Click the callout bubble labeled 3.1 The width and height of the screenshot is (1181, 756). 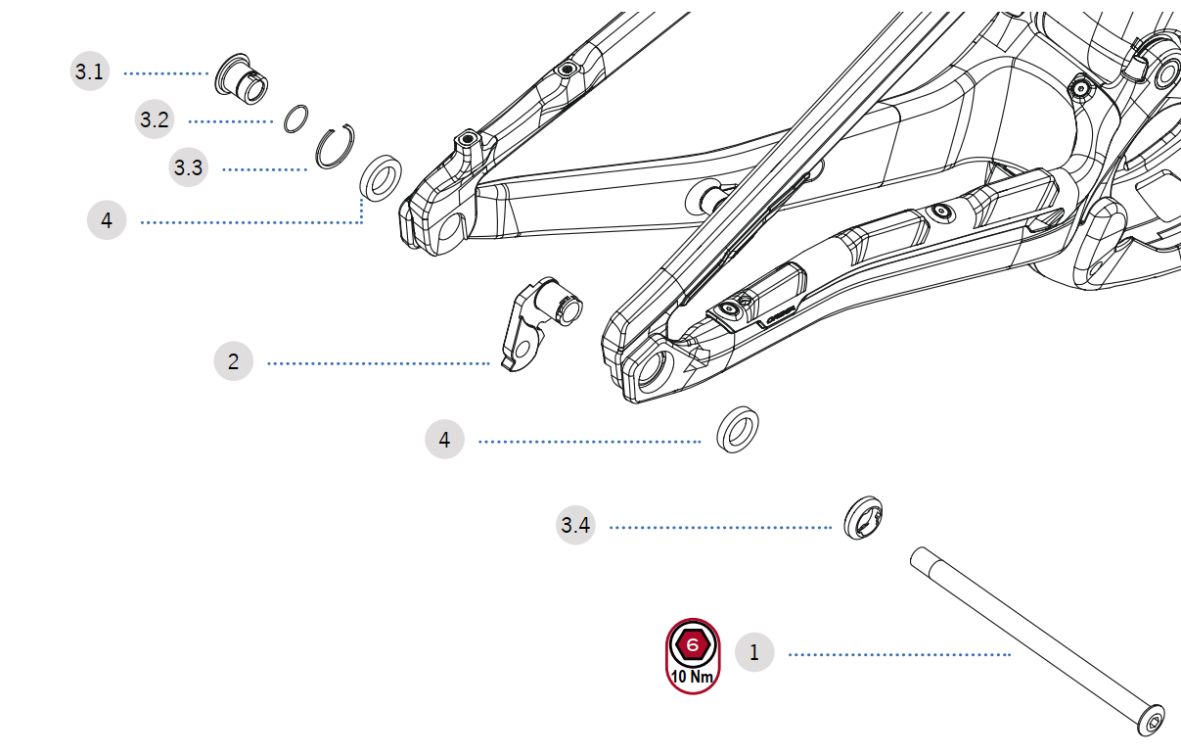[x=89, y=71]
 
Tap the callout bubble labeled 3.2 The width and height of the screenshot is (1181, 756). [x=154, y=120]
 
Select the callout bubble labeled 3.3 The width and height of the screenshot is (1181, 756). [x=188, y=167]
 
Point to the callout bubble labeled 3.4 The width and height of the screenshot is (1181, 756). [x=575, y=526]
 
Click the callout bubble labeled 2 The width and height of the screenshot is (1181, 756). [x=233, y=361]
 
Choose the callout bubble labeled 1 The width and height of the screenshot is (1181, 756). [x=753, y=652]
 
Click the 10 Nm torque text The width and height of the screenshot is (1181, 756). [x=692, y=677]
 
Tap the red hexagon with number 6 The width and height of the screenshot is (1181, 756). [x=693, y=645]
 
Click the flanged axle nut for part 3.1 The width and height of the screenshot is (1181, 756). [x=242, y=78]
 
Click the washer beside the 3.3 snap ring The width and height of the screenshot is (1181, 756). [x=381, y=176]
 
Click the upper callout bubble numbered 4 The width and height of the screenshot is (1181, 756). [x=107, y=220]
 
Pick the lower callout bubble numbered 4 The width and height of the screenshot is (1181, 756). [x=444, y=440]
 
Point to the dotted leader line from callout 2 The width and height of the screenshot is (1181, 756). [x=377, y=363]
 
